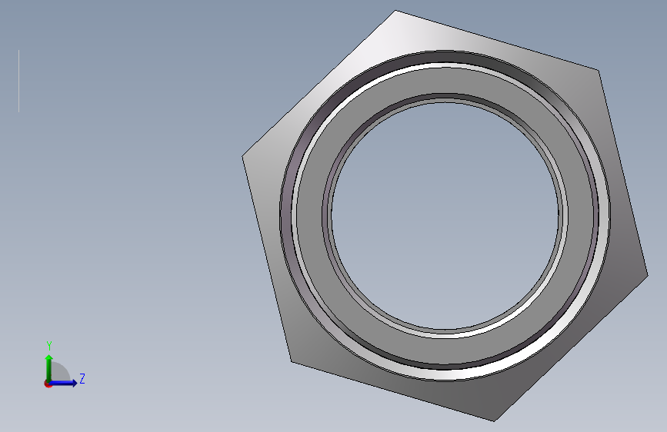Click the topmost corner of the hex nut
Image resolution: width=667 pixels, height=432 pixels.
pos(395,10)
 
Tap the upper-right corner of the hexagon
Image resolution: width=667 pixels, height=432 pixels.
pos(599,70)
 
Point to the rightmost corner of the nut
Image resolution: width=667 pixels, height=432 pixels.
pos(648,275)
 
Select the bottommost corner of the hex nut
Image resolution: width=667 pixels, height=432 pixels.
pos(495,421)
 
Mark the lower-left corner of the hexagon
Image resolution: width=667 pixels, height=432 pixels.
pos(292,362)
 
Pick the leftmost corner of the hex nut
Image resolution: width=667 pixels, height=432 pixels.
pos(242,157)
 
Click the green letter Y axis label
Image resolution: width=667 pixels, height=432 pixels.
pos(49,346)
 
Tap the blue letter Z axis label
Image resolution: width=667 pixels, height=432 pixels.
pos(82,378)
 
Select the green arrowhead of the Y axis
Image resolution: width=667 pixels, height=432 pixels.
pos(49,358)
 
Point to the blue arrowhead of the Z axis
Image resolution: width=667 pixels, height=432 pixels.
pos(74,383)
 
